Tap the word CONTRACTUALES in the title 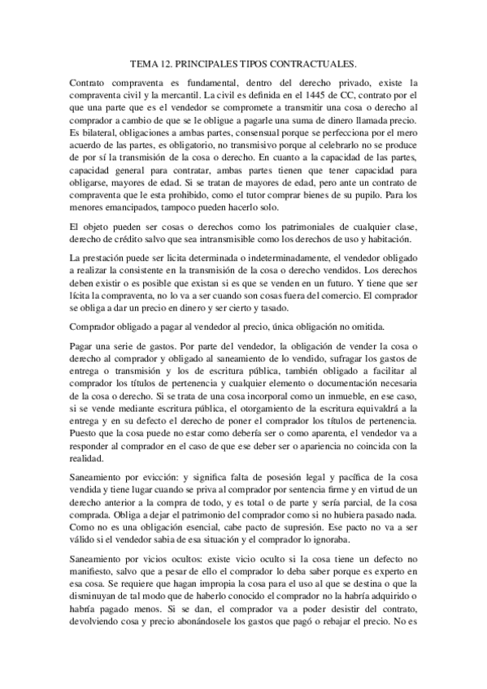tap(313, 63)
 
